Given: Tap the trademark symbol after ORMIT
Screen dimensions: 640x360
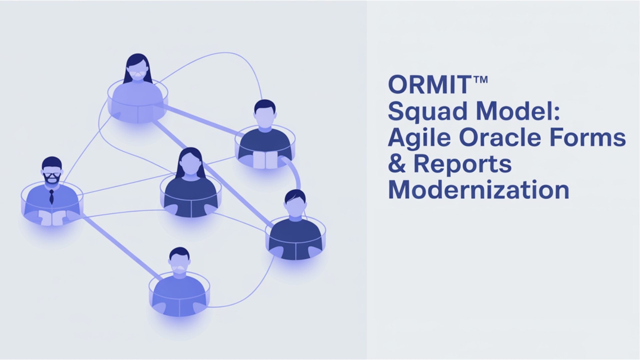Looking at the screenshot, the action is (480, 80).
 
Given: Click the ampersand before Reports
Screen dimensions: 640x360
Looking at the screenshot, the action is (397, 164).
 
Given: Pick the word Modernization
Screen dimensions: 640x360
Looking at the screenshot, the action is (478, 190).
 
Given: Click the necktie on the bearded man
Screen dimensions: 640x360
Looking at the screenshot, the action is (51, 197).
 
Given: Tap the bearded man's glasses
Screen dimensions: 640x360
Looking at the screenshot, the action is (52, 175).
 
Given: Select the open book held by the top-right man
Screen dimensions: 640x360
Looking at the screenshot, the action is (265, 160).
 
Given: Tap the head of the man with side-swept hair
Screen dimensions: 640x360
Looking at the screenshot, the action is (295, 204).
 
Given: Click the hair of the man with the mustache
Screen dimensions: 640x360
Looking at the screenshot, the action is (179, 253).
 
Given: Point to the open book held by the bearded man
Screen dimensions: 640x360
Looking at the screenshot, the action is (52, 218).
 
